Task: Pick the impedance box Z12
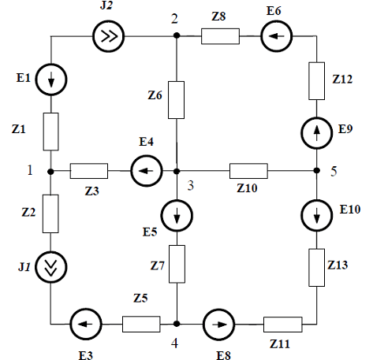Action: pos(316,81)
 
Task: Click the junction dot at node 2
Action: pos(177,35)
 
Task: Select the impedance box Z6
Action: pos(176,100)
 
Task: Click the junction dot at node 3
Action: pos(177,171)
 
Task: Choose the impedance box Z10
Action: pos(248,171)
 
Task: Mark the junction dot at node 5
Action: pos(317,171)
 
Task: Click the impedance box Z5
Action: pos(141,324)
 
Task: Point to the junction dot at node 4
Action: pos(177,324)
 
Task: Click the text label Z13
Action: pos(338,265)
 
